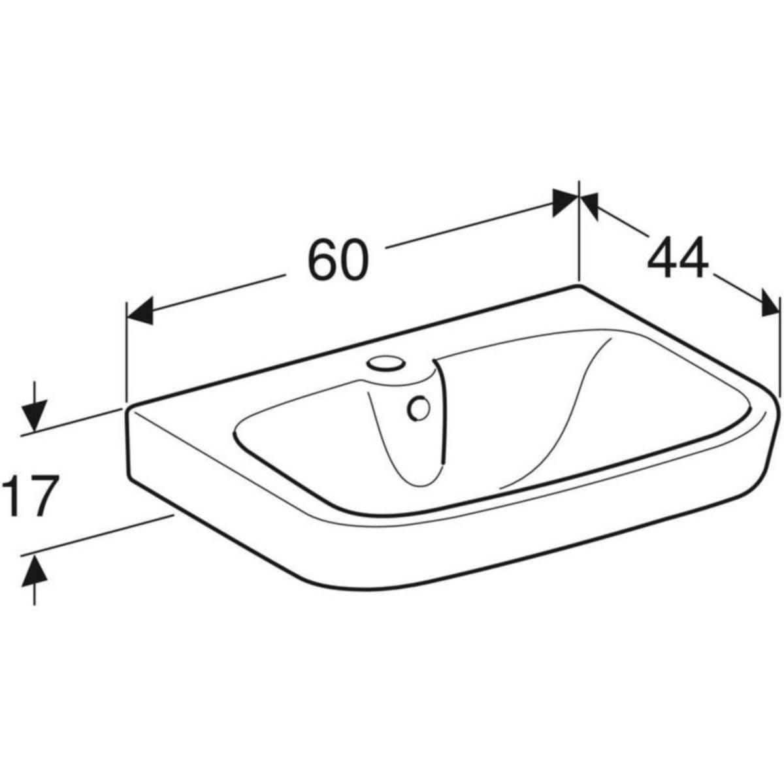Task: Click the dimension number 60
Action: (x=338, y=259)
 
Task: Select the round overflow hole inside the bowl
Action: (x=418, y=409)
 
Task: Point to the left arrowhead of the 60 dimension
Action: (x=139, y=310)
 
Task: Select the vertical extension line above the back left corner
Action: (x=125, y=353)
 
